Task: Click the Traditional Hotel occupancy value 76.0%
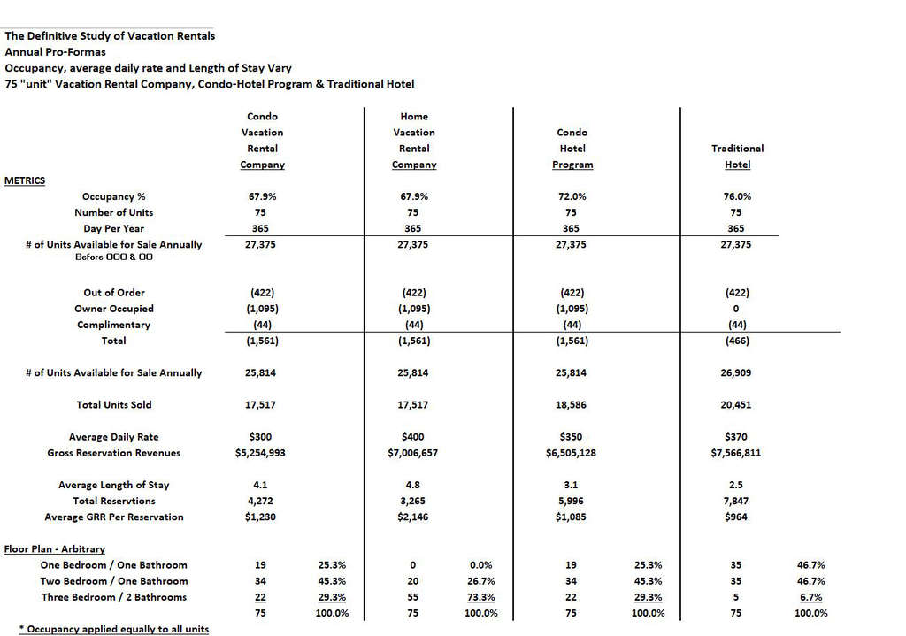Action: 736,196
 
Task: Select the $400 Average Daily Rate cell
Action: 413,437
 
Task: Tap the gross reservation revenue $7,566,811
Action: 736,453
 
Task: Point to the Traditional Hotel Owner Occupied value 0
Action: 736,309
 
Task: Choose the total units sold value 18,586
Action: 571,405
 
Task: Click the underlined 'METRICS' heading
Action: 25,180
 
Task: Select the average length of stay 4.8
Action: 413,485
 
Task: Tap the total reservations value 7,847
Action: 736,501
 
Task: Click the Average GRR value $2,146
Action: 413,517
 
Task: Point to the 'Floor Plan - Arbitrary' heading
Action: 55,549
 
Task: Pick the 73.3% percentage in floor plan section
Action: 480,597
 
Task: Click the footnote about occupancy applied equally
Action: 113,629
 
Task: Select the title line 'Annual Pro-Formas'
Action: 55,52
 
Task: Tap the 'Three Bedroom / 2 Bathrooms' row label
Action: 114,597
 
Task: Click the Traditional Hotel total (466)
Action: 736,341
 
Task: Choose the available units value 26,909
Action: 736,373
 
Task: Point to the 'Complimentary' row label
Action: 114,325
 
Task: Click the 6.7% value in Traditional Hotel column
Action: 811,597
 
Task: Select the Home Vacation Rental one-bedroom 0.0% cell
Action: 480,565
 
